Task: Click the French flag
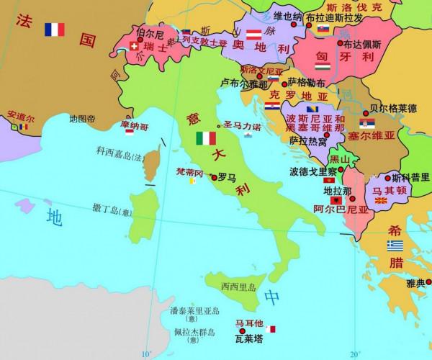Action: point(54,30)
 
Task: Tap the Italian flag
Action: point(205,137)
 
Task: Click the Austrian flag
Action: point(253,35)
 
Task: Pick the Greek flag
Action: point(395,246)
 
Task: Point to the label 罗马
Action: point(227,176)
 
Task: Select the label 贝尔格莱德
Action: point(392,109)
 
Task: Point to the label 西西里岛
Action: point(239,287)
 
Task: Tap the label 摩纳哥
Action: point(135,126)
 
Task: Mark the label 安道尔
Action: point(19,115)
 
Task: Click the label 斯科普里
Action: point(411,176)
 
